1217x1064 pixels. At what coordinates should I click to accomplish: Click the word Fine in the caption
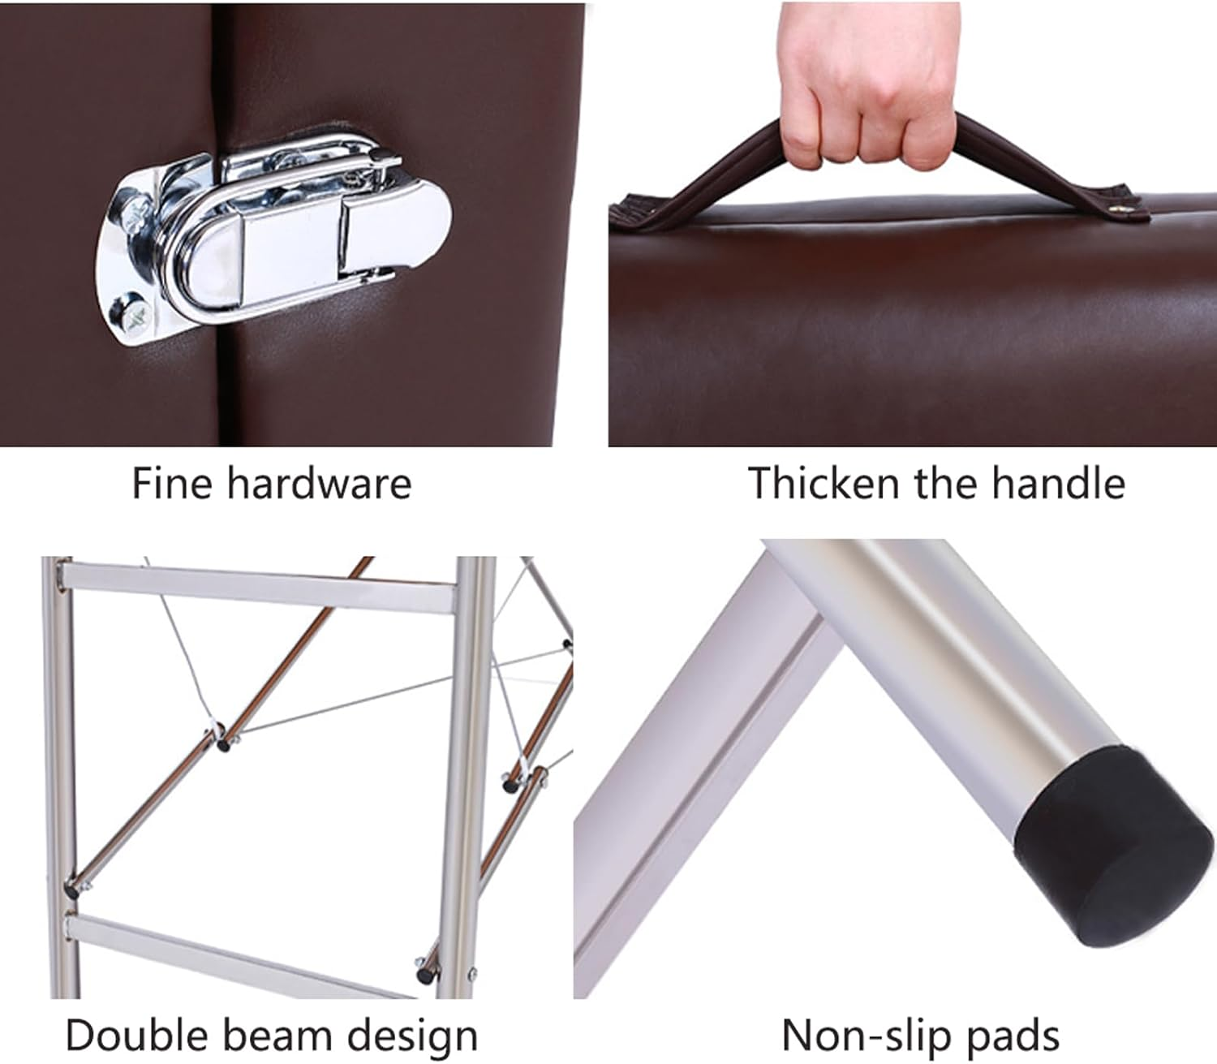point(171,483)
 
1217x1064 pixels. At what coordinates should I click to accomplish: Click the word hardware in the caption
point(320,483)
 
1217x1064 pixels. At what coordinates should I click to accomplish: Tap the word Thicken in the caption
point(823,483)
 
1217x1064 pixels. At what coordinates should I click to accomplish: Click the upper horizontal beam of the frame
point(257,585)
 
